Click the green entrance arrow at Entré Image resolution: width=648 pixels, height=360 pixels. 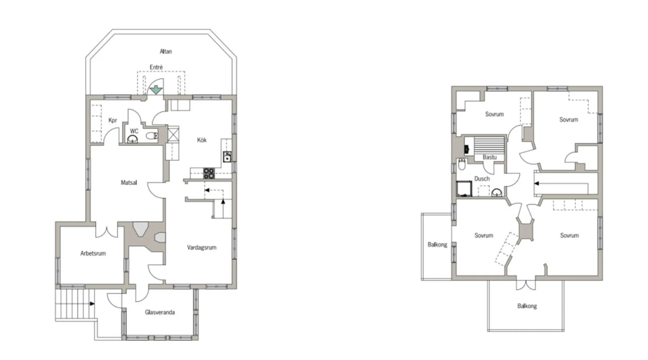point(156,90)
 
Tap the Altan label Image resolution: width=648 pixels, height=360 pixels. point(166,51)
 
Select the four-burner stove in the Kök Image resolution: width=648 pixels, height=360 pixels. point(209,173)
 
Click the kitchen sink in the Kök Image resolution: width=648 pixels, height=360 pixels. point(227,157)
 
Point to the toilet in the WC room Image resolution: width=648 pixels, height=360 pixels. point(152,136)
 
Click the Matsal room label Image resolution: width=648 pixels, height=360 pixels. point(129,183)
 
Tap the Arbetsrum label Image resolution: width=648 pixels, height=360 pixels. point(93,253)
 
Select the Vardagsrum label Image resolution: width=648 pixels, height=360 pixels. point(202,247)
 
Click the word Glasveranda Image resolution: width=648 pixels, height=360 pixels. point(160,312)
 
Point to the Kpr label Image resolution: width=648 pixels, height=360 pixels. point(113,120)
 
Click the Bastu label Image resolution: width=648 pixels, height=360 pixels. point(490,157)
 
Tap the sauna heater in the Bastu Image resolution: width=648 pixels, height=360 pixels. point(467,149)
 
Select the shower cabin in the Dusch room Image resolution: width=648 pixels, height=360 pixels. point(464,189)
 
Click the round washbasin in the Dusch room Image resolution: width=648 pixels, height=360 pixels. point(497,193)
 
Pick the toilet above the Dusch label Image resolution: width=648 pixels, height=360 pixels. point(462,164)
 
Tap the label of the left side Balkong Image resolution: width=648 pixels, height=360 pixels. point(437,244)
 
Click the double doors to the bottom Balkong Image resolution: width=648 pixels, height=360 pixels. point(526,285)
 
